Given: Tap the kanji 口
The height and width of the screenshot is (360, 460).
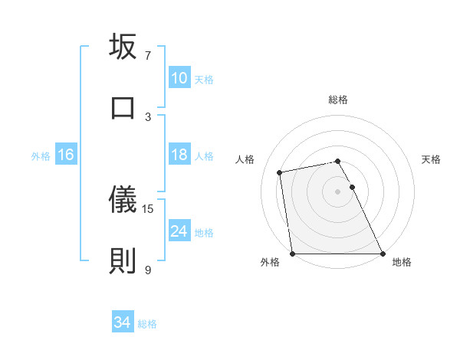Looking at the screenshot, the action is point(123,106).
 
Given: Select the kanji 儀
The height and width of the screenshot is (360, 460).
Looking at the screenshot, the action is point(123,200).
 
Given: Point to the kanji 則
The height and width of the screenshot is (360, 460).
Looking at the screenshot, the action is point(123,260).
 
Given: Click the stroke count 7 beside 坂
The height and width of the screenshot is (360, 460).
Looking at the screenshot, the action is point(148,55).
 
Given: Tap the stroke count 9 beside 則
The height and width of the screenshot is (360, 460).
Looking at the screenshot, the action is point(148,269).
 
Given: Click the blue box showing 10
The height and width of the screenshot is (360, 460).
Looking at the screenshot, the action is point(179,78).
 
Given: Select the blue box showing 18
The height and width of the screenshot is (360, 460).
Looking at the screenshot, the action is point(179,155).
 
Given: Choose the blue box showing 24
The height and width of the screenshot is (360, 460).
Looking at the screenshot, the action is point(179,231).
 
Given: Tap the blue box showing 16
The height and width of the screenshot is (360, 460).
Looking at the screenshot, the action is point(65,155).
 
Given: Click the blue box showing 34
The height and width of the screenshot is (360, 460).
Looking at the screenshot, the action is point(123,323).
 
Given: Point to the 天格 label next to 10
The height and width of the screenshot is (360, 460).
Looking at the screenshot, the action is point(204,79).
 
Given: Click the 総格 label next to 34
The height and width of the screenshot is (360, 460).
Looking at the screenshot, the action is point(147,324).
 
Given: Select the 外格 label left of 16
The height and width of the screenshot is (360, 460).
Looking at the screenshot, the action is point(41,155).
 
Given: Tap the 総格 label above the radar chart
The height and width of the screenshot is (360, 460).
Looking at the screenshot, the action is point(338,100).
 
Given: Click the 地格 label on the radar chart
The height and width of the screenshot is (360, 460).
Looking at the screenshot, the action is point(402,262).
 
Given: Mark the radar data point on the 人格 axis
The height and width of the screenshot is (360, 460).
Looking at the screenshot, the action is point(280,172).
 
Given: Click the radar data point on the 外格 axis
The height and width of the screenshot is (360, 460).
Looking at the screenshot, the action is point(292,254).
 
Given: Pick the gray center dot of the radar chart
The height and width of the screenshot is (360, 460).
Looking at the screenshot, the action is point(338,191).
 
